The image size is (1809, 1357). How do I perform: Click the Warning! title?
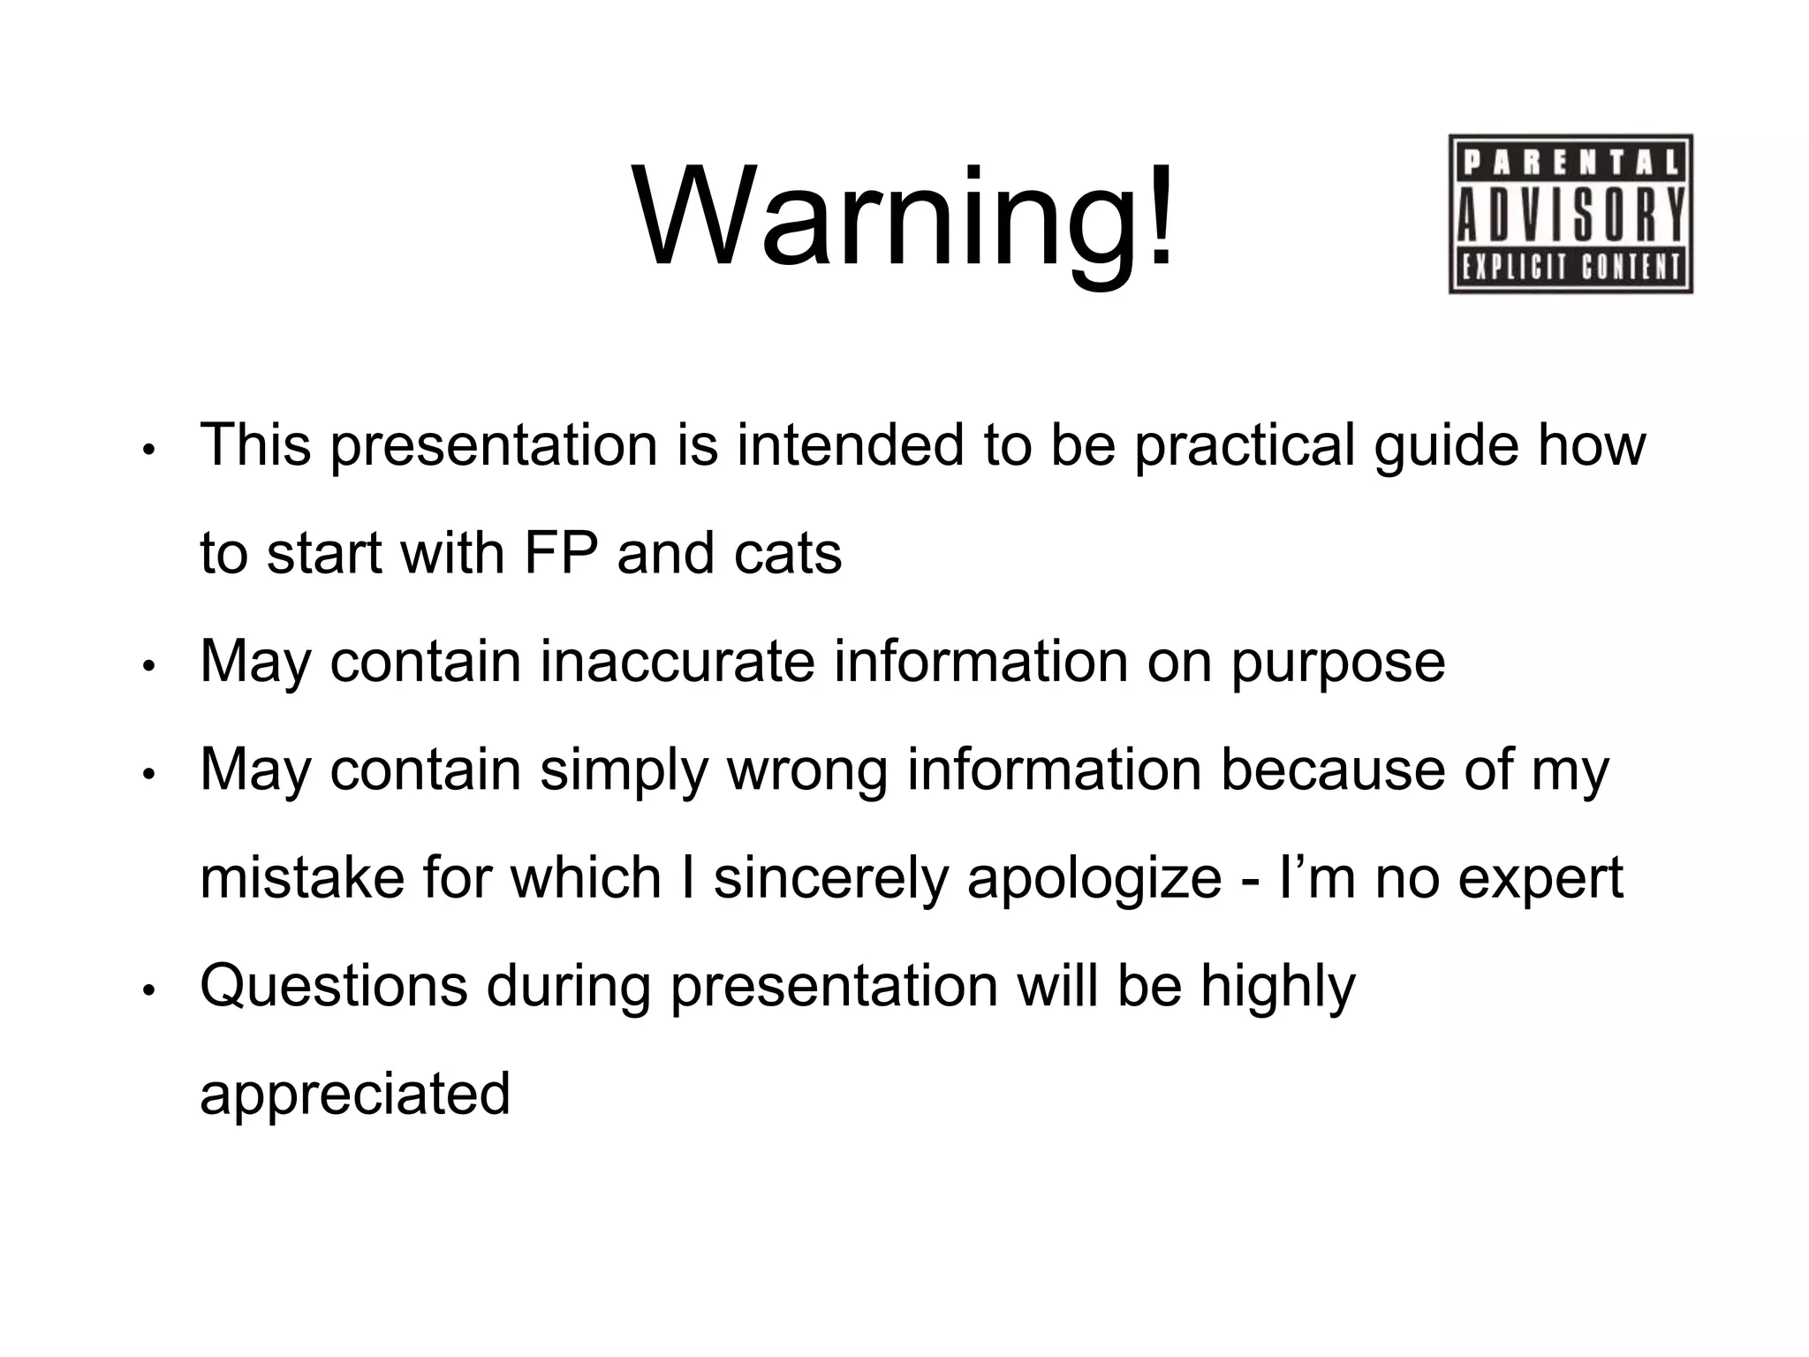904,216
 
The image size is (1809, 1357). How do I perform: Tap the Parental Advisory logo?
1571,214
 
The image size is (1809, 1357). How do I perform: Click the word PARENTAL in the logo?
1571,163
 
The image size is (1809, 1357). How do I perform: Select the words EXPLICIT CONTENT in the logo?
1571,267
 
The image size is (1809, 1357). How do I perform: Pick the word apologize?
1094,880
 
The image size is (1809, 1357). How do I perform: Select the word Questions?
334,987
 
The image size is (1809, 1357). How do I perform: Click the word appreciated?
355,1095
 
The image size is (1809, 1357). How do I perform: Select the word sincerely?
830,880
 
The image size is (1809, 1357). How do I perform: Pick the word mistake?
302,878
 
